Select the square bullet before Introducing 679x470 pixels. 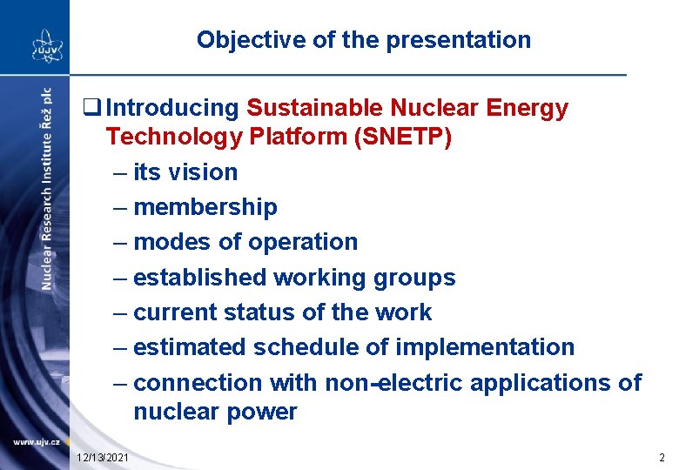88,109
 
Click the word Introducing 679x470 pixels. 171,109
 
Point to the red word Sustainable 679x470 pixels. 315,109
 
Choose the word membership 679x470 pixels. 205,207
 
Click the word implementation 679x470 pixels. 485,347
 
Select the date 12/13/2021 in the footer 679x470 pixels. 103,458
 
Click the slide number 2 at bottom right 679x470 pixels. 662,458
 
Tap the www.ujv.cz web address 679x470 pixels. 36,443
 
